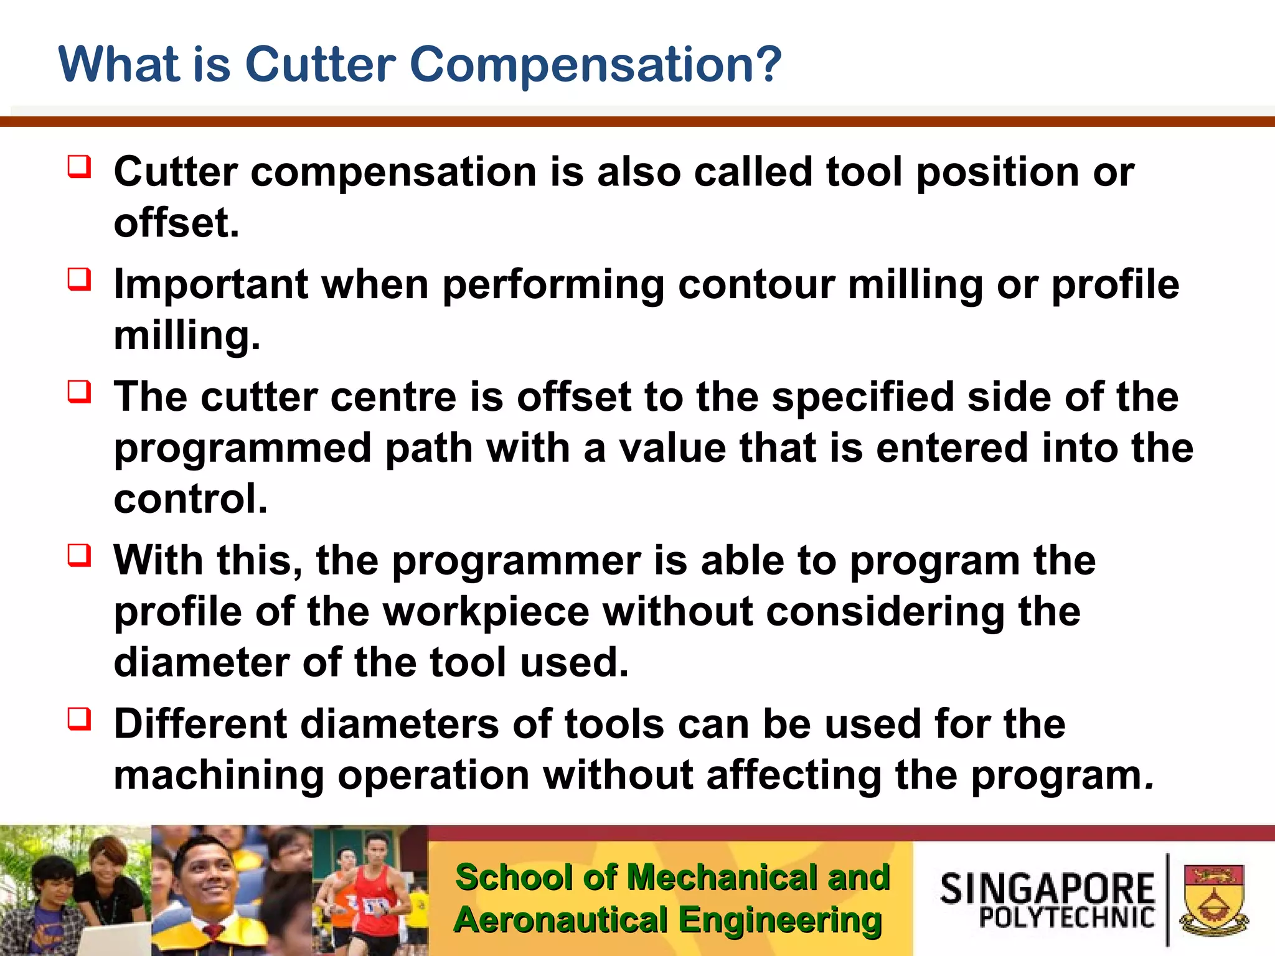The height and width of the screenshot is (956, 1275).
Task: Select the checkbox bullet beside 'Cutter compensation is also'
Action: pyautogui.click(x=80, y=167)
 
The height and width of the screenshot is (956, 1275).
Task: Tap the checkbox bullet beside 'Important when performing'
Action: pyautogui.click(x=80, y=279)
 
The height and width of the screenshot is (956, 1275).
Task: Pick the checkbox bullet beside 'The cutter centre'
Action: pyautogui.click(x=80, y=392)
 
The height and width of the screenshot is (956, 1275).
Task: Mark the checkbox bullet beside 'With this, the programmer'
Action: pyautogui.click(x=80, y=555)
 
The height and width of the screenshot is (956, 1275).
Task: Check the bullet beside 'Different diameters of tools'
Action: pyautogui.click(x=80, y=719)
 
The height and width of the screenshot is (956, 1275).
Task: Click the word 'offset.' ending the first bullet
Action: pyautogui.click(x=177, y=223)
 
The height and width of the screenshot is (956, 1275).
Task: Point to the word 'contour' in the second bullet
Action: pyautogui.click(x=756, y=284)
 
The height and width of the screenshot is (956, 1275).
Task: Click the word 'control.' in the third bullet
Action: pyautogui.click(x=191, y=499)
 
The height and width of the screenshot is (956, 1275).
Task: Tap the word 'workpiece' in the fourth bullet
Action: pyautogui.click(x=486, y=612)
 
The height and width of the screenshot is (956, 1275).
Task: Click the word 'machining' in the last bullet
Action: pyautogui.click(x=219, y=776)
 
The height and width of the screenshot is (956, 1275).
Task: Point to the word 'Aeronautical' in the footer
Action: pyautogui.click(x=560, y=920)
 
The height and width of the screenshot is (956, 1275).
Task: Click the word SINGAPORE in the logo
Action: pyautogui.click(x=1047, y=889)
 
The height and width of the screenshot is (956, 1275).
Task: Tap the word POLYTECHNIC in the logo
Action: pyautogui.click(x=1066, y=917)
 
